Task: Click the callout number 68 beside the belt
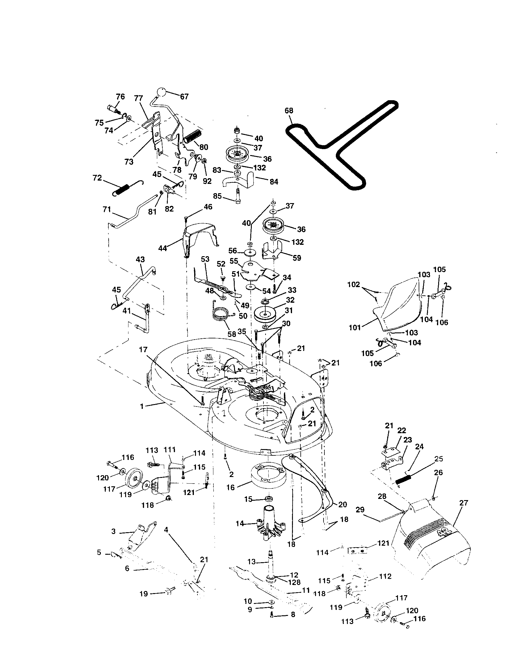click(289, 111)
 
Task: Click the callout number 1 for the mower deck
click(142, 406)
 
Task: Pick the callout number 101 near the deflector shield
click(355, 327)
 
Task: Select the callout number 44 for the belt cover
click(163, 248)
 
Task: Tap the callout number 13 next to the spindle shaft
click(251, 562)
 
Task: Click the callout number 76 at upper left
click(120, 97)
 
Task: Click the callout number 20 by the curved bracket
click(343, 504)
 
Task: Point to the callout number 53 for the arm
click(205, 259)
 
